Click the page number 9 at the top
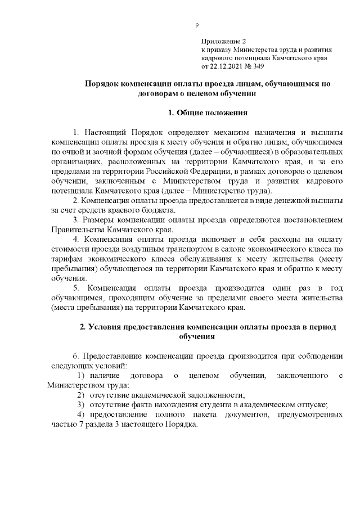pos(197,25)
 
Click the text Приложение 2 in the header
pos(224,42)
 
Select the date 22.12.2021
pos(229,65)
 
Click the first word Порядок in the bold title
pos(102,83)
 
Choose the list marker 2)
pos(80,395)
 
